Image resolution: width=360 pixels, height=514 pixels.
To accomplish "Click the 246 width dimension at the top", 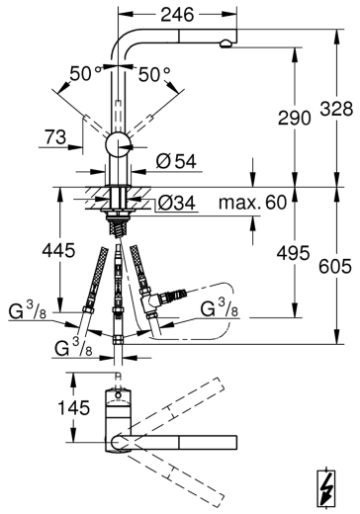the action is [177, 15].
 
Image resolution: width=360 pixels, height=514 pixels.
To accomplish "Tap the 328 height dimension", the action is [336, 109].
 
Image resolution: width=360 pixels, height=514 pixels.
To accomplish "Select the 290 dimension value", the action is [295, 118].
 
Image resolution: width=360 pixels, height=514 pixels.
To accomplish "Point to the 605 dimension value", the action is [335, 266].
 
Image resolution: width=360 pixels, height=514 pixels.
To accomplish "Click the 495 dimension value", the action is [293, 253].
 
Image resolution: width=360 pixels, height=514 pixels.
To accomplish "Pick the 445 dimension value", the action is [58, 250].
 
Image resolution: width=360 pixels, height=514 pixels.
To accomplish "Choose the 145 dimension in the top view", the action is [74, 407].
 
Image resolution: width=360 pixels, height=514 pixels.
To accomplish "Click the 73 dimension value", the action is [55, 136].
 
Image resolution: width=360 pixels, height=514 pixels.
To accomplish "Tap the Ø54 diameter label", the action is [176, 161].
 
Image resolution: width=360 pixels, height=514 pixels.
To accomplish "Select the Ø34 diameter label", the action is [177, 203].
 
